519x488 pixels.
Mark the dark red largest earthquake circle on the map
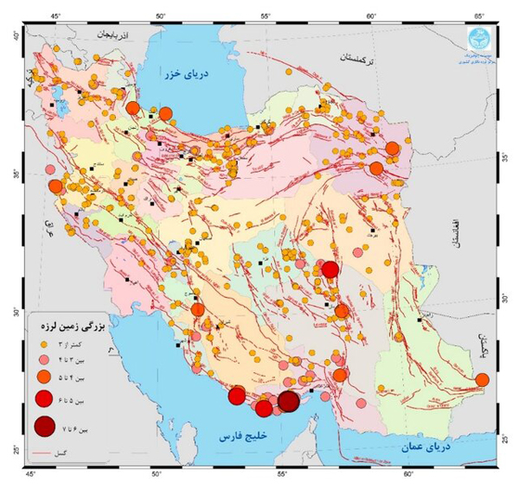pos(289,402)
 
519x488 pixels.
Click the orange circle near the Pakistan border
pos(482,379)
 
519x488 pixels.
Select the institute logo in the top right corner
pos(478,39)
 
